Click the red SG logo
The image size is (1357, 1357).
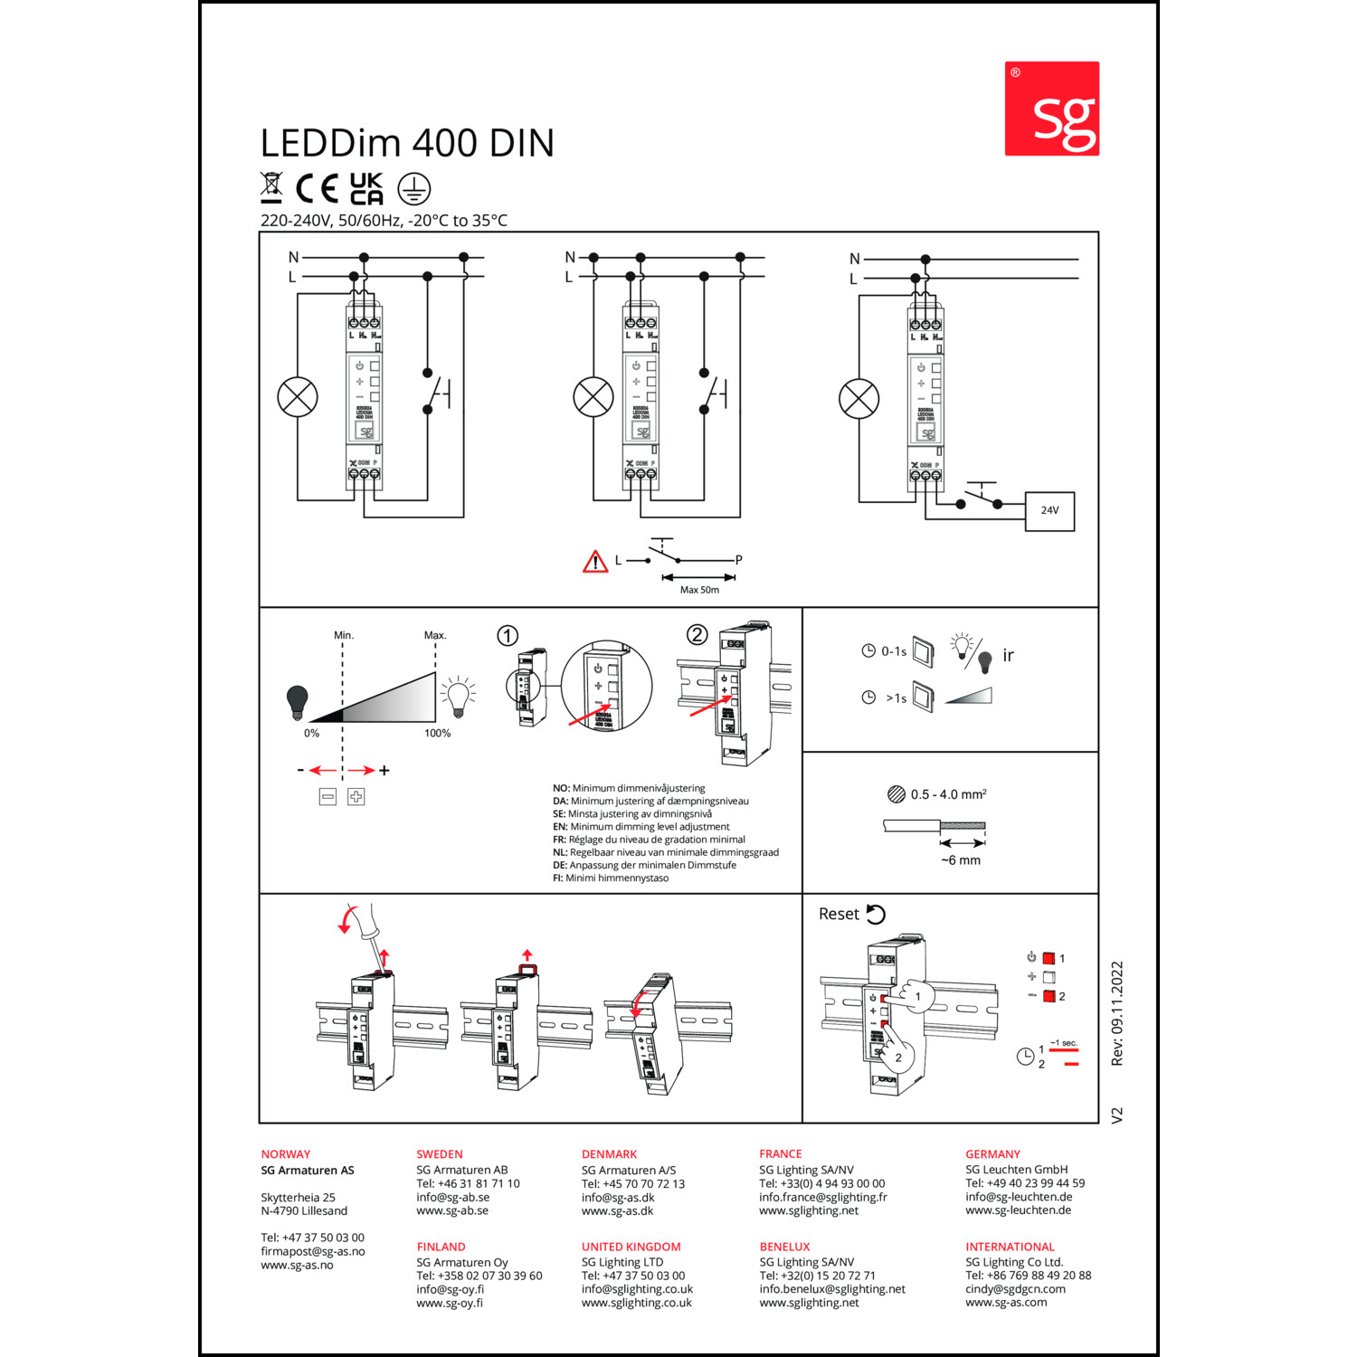coord(1051,109)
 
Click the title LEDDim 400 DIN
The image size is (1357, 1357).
coord(407,143)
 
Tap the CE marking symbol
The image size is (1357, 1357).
coord(317,188)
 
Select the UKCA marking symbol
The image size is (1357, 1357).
coord(366,188)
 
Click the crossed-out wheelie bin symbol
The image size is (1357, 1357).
coord(271,187)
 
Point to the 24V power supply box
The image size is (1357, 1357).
coord(1049,510)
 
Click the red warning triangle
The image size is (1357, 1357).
coord(594,562)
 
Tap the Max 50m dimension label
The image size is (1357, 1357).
coord(699,590)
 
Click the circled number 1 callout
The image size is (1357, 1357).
coord(508,636)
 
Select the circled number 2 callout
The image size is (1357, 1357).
coord(697,634)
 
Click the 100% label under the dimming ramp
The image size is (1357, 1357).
coord(437,733)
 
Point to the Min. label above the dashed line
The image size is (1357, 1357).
coord(344,635)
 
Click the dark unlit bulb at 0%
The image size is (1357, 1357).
coord(297,701)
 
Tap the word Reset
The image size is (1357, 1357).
coord(839,914)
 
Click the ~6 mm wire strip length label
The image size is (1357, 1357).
coord(960,860)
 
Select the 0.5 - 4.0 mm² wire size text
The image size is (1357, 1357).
coord(948,794)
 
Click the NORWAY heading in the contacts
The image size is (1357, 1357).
coord(286,1154)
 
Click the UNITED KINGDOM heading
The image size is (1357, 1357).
coord(631,1247)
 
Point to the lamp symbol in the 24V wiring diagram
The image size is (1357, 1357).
coord(859,399)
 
